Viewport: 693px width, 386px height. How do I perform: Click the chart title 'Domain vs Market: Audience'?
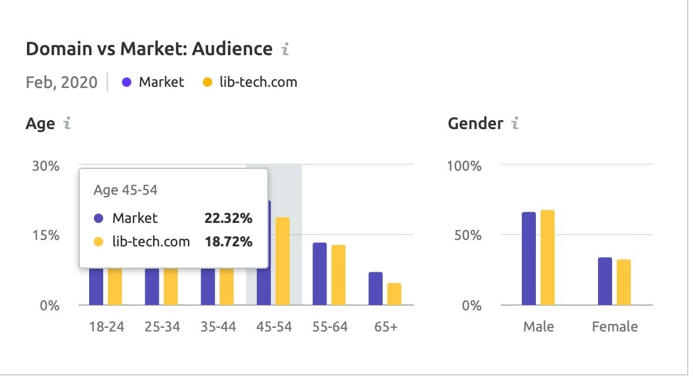(x=149, y=49)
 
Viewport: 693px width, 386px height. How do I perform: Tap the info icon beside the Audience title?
(x=286, y=49)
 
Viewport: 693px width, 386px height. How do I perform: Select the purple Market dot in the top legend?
(x=126, y=82)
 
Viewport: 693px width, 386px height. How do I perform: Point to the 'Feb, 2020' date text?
(x=62, y=82)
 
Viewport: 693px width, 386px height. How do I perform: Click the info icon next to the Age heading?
(x=67, y=124)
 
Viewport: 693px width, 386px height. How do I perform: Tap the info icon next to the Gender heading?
(x=515, y=124)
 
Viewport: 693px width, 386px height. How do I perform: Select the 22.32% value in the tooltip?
(x=228, y=218)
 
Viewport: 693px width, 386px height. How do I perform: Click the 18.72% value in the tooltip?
(x=228, y=241)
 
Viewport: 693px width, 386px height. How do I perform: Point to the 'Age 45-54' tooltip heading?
(x=125, y=190)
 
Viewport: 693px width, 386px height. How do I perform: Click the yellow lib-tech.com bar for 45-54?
(x=283, y=261)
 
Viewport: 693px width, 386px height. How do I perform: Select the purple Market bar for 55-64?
(x=320, y=273)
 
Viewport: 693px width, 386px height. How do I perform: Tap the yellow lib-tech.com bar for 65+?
(x=394, y=294)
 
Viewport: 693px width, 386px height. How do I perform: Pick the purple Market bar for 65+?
(x=375, y=288)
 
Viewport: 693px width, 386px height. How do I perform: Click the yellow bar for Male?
(x=548, y=258)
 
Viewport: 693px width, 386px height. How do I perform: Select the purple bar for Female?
(x=605, y=281)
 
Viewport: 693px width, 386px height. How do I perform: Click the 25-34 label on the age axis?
(x=161, y=327)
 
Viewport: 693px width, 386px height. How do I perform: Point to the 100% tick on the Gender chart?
(x=464, y=165)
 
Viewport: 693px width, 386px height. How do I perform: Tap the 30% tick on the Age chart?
(x=46, y=165)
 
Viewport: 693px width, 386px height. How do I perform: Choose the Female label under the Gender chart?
(x=614, y=327)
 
